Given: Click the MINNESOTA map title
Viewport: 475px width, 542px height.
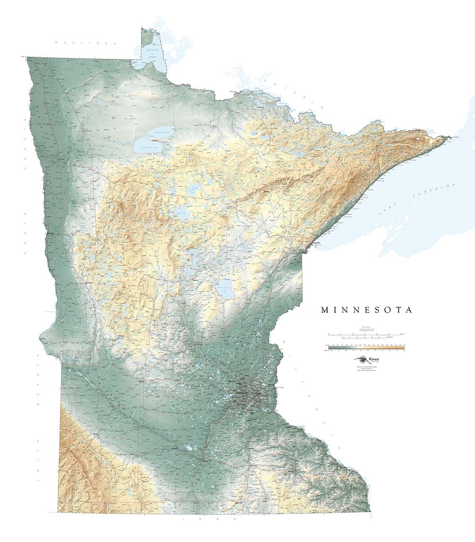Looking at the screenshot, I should [366, 310].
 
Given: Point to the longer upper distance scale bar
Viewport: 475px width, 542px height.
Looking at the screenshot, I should [366, 335].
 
